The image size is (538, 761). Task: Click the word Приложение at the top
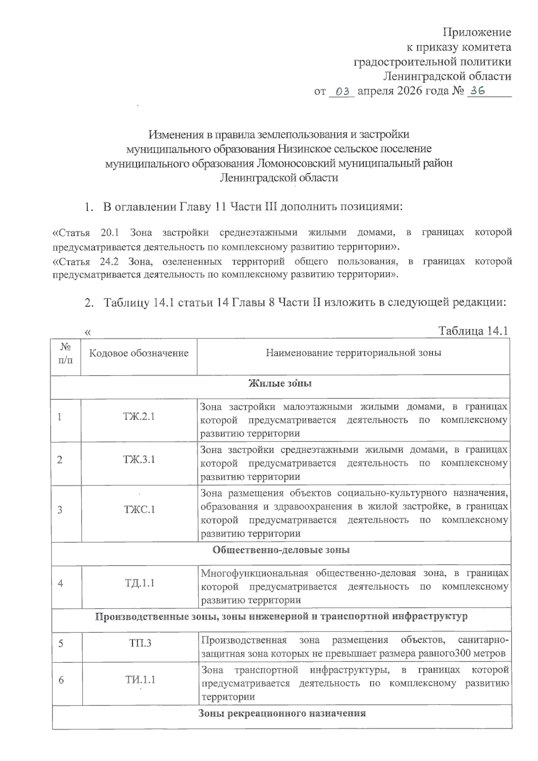(477, 32)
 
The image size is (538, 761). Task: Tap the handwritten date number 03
(342, 91)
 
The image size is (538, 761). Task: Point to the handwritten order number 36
(477, 91)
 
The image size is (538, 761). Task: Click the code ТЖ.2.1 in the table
(139, 416)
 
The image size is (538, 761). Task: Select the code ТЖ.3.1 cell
(139, 459)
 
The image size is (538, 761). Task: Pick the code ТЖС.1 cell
(139, 510)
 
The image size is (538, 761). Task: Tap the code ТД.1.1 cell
(139, 583)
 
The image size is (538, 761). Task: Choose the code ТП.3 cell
(140, 643)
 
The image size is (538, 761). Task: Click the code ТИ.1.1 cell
(140, 680)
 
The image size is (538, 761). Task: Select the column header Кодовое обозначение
(139, 353)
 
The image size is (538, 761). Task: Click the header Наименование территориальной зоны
(353, 353)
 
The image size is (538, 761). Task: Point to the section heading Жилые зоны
(280, 383)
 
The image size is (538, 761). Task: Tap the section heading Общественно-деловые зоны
(281, 550)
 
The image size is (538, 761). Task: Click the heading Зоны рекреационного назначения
(282, 713)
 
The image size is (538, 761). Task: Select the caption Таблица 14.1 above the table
(473, 331)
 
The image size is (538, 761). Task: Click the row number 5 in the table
(61, 644)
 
